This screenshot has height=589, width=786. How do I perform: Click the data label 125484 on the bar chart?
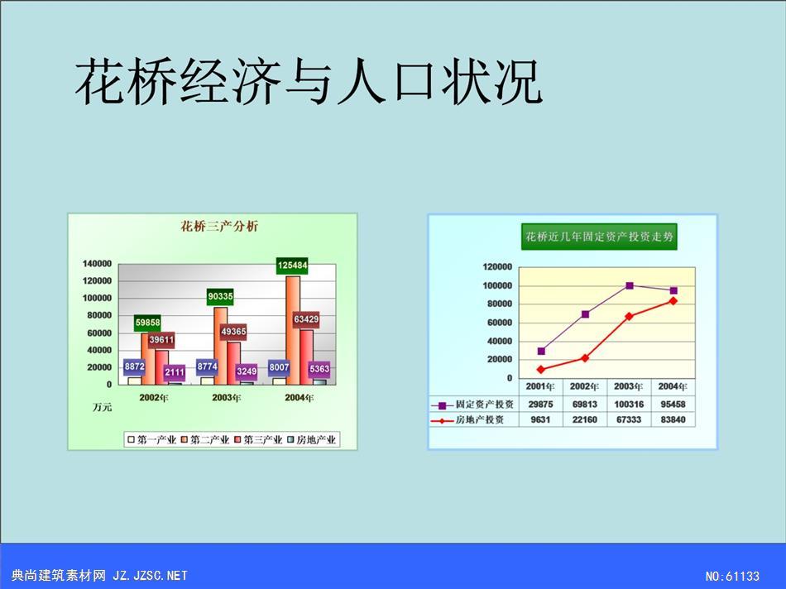pos(292,266)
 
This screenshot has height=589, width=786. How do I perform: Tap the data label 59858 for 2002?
pos(147,323)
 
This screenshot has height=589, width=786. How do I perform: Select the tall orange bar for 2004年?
pos(293,330)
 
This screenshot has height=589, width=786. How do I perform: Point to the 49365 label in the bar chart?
pos(233,332)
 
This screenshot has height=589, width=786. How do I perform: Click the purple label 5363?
pos(319,369)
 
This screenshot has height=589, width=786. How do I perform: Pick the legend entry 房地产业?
pos(311,440)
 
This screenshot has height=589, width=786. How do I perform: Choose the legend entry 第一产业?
pos(152,440)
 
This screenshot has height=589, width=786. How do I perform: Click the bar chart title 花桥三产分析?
pos(219,227)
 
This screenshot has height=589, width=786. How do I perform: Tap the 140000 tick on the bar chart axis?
pos(98,264)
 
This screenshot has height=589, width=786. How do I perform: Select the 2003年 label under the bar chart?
pos(227,398)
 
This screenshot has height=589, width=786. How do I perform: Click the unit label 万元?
pos(103,407)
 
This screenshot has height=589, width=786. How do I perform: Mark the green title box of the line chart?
pos(599,237)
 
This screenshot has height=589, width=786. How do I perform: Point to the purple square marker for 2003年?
pos(630,285)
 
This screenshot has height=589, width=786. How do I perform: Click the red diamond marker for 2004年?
pos(673,301)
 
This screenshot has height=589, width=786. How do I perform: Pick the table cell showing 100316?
pos(629,404)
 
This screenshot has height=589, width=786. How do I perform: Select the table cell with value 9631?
pos(540,419)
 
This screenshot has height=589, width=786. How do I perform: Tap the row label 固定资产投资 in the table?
pos(484,404)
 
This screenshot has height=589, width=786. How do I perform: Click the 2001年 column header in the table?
pos(540,386)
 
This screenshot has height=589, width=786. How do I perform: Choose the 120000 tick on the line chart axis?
pos(497,266)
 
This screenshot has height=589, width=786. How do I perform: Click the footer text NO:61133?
pos(732,576)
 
